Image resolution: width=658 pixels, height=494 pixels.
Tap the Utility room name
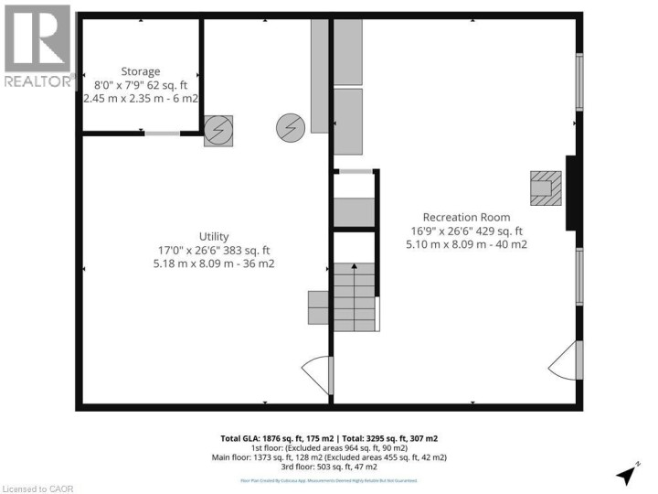tap(214, 236)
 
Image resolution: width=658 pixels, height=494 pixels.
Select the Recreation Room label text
tap(466, 217)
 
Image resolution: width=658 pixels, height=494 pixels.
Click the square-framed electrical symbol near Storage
tap(218, 132)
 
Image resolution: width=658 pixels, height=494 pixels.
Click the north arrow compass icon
tap(627, 475)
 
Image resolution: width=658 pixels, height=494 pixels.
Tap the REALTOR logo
tap(37, 46)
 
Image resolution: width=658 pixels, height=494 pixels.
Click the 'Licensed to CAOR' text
tap(35, 486)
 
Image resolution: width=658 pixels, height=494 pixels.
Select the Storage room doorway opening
tap(163, 134)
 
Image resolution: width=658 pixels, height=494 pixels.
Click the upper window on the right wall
tap(578, 82)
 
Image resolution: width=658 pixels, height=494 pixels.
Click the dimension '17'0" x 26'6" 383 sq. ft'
tap(214, 250)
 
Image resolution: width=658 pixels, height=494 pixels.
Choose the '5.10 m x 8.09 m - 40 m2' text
tap(466, 244)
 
